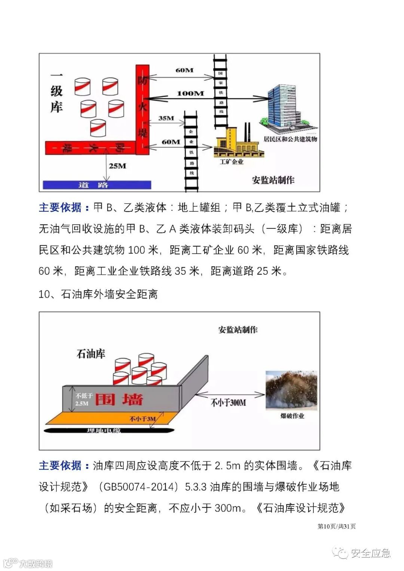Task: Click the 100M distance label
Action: click(x=190, y=93)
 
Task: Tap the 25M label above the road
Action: click(x=117, y=166)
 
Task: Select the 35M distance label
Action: click(x=166, y=118)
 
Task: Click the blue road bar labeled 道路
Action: click(x=97, y=185)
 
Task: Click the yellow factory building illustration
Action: click(x=238, y=144)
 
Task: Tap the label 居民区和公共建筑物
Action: click(x=290, y=139)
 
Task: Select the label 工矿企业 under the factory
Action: click(x=232, y=162)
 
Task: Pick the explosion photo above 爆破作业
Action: click(x=292, y=389)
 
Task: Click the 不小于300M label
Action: click(x=228, y=403)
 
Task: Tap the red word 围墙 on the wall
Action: click(x=119, y=399)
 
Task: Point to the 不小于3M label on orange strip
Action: click(x=142, y=419)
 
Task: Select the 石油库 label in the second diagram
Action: click(x=91, y=353)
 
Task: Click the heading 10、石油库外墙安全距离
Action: click(x=98, y=294)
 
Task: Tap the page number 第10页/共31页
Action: click(x=337, y=527)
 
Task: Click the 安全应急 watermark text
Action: click(x=370, y=553)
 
